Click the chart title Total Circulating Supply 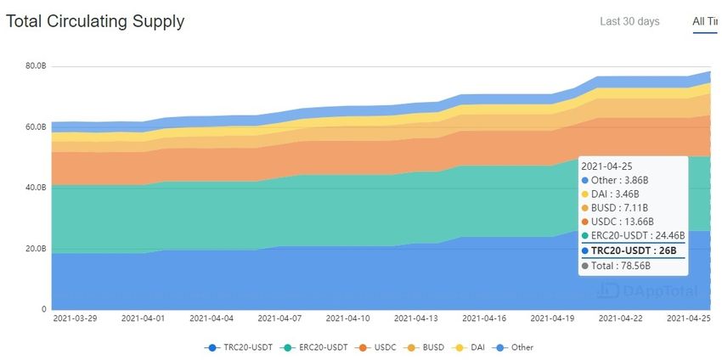click(x=95, y=21)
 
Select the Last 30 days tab click(x=629, y=21)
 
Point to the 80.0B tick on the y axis click(x=36, y=66)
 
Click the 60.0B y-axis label click(x=36, y=127)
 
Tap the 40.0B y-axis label click(x=36, y=188)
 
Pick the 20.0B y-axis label click(x=36, y=249)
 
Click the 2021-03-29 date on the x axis click(x=75, y=319)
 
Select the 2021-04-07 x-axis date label click(x=279, y=319)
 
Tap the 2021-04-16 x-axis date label click(x=483, y=319)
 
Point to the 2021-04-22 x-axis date click(x=620, y=319)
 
